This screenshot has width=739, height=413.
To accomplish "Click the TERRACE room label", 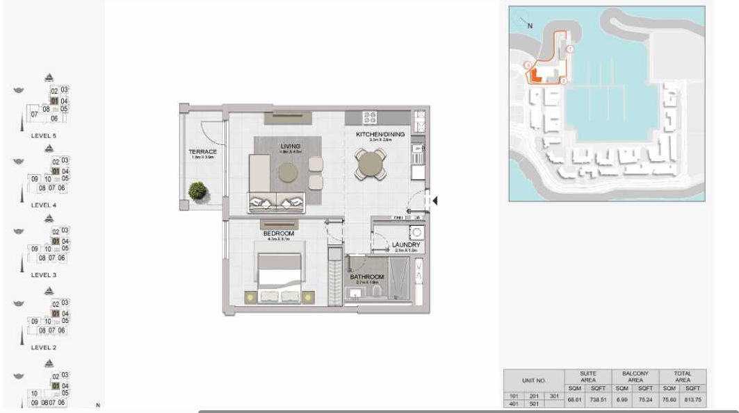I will coord(202,151).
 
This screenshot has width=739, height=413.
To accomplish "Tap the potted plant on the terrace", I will coord(198,190).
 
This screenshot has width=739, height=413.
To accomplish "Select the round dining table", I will coord(368,165).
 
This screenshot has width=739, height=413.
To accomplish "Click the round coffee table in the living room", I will coord(288,172).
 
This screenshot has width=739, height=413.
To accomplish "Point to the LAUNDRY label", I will coord(405,245).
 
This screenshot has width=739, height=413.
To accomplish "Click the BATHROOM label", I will coord(366,277).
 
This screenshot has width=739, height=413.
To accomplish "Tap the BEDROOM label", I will coord(278,234).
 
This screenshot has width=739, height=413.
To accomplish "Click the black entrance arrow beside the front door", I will coord(435,201).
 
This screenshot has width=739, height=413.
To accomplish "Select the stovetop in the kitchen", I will coord(370,117).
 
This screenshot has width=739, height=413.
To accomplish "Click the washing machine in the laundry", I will coord(416,233).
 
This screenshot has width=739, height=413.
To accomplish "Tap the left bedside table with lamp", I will coord(250,297).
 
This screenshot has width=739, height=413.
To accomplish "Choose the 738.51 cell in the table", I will coord(598,399).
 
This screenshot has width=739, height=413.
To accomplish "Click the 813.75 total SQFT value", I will coord(692,399).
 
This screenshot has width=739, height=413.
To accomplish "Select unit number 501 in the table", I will coord(535,403).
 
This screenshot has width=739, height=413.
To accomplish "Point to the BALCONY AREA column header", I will coord(635,376).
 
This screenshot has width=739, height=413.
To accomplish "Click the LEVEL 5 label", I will coord(44,136).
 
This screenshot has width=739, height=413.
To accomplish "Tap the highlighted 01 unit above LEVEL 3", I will coord(55,241).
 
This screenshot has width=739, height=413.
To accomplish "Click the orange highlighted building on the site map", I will coord(535,74).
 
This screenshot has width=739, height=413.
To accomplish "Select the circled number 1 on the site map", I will coord(569,49).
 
